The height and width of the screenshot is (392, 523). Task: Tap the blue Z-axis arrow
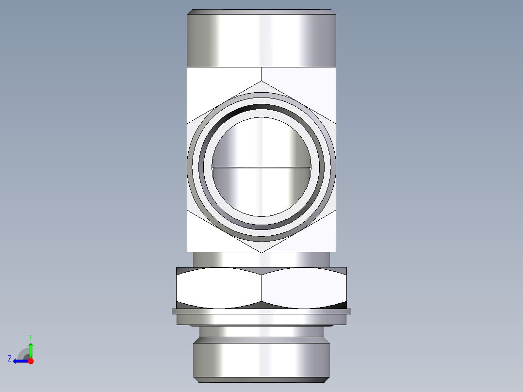[20, 361]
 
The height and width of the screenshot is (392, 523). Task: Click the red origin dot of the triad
[31, 361]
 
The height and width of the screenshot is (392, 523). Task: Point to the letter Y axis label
[30, 337]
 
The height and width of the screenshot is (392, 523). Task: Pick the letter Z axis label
[10, 359]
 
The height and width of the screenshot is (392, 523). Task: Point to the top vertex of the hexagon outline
[261, 82]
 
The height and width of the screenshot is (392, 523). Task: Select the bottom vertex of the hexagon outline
[261, 252]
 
